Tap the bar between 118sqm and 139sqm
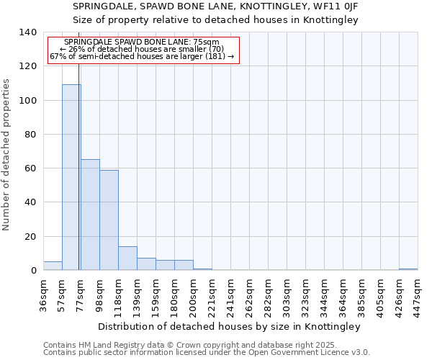pyautogui.click(x=127, y=258)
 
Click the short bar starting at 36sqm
pyautogui.click(x=53, y=266)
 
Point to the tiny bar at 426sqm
pyautogui.click(x=408, y=269)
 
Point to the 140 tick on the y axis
pyautogui.click(x=27, y=32)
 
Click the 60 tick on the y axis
pyautogui.click(x=30, y=168)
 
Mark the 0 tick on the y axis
pyautogui.click(x=33, y=271)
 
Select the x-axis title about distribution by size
pyautogui.click(x=229, y=326)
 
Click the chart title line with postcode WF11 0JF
pyautogui.click(x=215, y=6)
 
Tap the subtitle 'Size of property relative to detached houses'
pyautogui.click(x=215, y=20)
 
